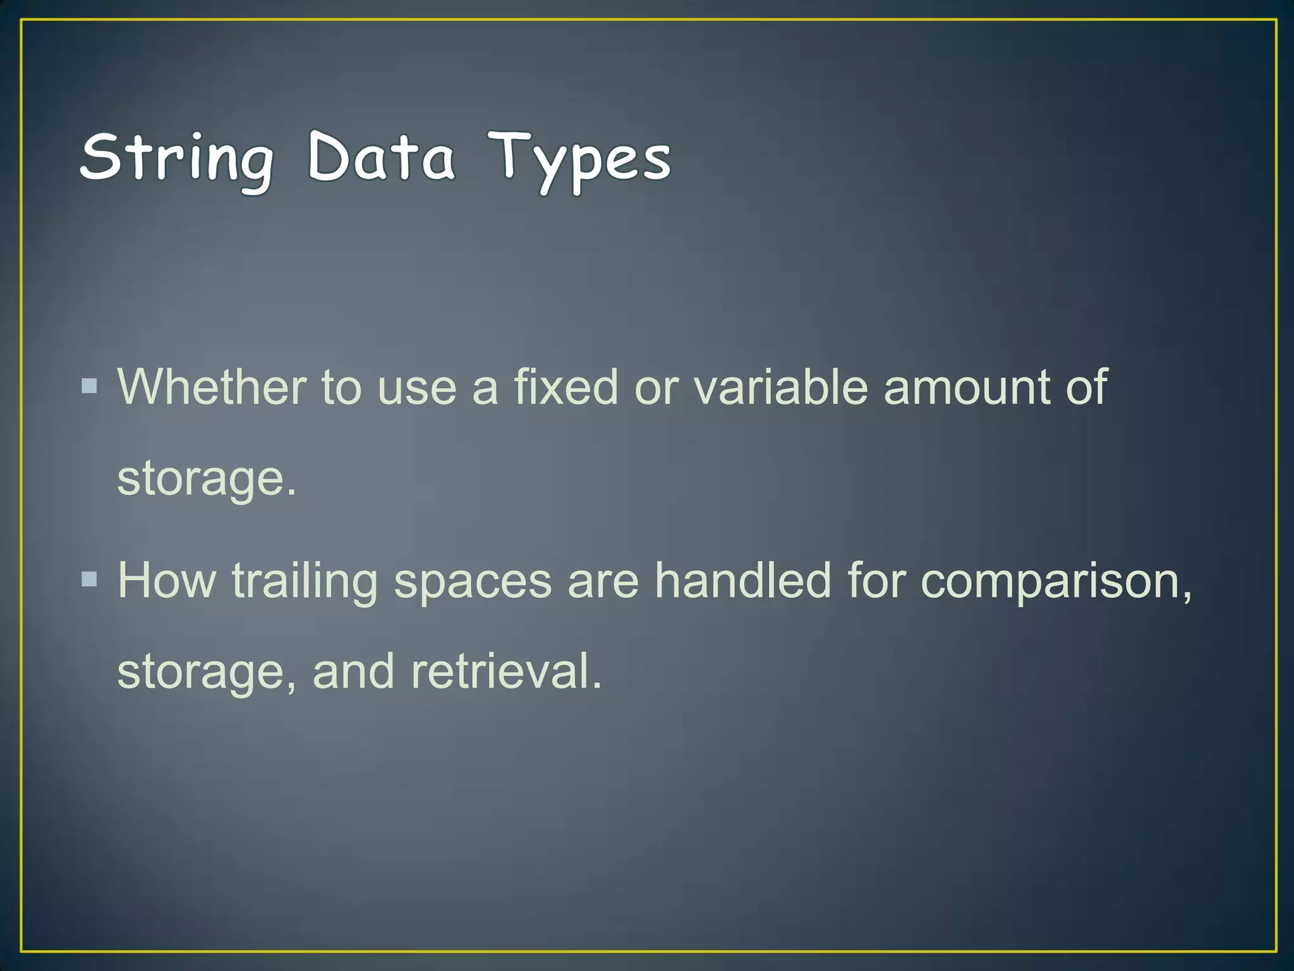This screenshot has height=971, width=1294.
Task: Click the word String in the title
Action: pos(177,158)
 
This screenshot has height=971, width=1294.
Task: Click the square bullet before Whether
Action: pos(90,386)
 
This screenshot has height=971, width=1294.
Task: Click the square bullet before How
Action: pos(90,579)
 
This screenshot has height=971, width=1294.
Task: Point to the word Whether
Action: pos(212,386)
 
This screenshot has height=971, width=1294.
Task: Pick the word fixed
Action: pos(565,386)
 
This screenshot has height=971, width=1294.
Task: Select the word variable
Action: pos(781,386)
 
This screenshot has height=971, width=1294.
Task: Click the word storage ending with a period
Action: pos(206,479)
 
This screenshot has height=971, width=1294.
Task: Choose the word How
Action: pos(167,580)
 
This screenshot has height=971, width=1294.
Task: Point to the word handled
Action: pos(742,580)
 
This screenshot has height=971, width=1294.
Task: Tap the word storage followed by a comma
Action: pos(206,673)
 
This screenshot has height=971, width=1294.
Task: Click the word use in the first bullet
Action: pos(416,388)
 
